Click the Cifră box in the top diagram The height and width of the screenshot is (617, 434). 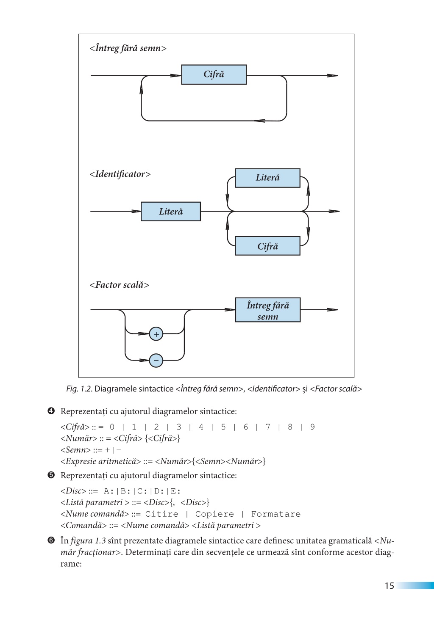click(214, 74)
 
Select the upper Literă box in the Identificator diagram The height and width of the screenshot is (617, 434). click(267, 178)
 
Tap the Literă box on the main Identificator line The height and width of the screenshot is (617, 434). click(171, 212)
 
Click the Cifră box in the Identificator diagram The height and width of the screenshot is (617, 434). click(267, 246)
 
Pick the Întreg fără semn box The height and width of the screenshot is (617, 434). click(267, 310)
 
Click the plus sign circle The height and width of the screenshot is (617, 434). click(156, 334)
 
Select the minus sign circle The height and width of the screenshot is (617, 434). click(156, 361)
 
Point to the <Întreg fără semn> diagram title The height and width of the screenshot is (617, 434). click(128, 49)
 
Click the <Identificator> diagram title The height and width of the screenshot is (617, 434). click(120, 174)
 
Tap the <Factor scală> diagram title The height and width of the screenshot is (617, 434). click(119, 285)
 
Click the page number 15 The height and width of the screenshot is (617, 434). click(389, 586)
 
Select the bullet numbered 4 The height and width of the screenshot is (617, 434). click(51, 411)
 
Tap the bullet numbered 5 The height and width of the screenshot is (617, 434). click(51, 475)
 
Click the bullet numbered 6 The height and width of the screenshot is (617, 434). click(51, 540)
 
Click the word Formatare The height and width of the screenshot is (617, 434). click(275, 514)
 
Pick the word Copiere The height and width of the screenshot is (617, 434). click(214, 514)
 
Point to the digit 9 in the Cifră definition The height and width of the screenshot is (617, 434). click(312, 427)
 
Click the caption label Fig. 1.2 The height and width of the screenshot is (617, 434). click(79, 389)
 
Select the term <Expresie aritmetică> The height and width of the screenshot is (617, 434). click(100, 461)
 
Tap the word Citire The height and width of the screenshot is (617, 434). click(161, 514)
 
